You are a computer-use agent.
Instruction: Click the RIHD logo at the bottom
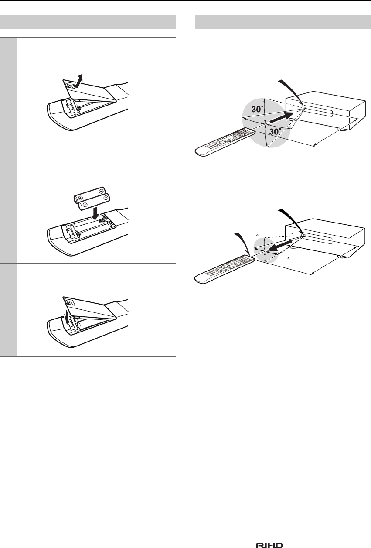pyautogui.click(x=269, y=543)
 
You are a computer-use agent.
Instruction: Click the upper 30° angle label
pyautogui.click(x=257, y=109)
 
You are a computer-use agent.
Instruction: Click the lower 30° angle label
pyautogui.click(x=276, y=132)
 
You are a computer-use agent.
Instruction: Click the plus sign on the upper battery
pyautogui.click(x=80, y=198)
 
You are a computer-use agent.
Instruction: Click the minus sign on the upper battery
pyautogui.click(x=102, y=192)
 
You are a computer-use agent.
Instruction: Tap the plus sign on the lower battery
pyautogui.click(x=106, y=197)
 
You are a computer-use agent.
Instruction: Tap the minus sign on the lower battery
pyautogui.click(x=84, y=204)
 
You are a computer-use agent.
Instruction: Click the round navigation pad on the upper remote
pyautogui.click(x=228, y=138)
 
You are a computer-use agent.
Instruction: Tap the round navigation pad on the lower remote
pyautogui.click(x=228, y=265)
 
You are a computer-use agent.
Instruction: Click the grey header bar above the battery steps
pyautogui.click(x=88, y=22)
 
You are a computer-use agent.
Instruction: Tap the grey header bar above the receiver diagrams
pyautogui.click(x=283, y=22)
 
